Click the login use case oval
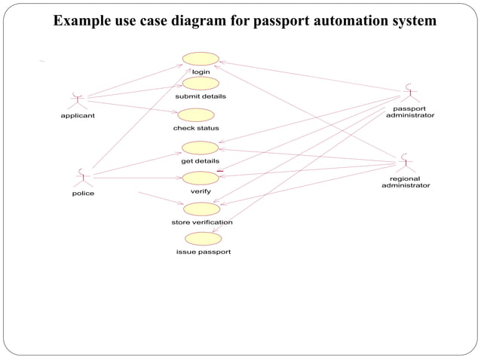[x=201, y=59]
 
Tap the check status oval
[x=196, y=115]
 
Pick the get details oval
[x=200, y=148]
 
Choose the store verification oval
[x=201, y=209]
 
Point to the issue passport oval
[x=203, y=239]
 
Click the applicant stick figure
[x=77, y=100]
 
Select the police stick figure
[x=82, y=178]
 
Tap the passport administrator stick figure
[x=409, y=93]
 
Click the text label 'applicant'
[x=78, y=116]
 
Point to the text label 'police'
[x=83, y=194]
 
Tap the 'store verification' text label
[x=202, y=222]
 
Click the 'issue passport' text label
[x=203, y=252]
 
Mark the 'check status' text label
[x=196, y=128]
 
